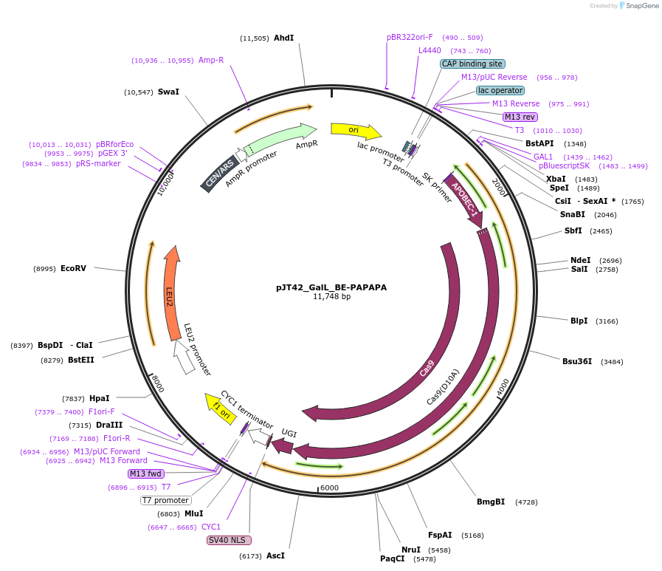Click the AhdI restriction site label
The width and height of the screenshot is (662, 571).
click(283, 38)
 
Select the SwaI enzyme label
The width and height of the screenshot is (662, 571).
click(168, 92)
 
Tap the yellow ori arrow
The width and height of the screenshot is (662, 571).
click(355, 131)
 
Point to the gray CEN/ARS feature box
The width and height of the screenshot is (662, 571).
click(219, 174)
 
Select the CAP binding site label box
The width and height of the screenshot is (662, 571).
click(472, 64)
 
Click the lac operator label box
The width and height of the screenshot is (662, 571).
click(500, 90)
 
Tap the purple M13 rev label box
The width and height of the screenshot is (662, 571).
click(520, 117)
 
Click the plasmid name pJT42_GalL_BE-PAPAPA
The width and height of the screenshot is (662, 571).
click(331, 287)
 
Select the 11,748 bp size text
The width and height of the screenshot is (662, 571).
click(331, 297)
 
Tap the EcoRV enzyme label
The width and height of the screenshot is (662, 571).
click(73, 268)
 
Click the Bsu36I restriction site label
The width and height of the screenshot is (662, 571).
click(576, 361)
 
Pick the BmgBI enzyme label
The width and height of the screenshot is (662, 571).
click(491, 502)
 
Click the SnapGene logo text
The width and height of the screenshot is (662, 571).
click(639, 6)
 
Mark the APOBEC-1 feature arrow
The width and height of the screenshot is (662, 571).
click(465, 199)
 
